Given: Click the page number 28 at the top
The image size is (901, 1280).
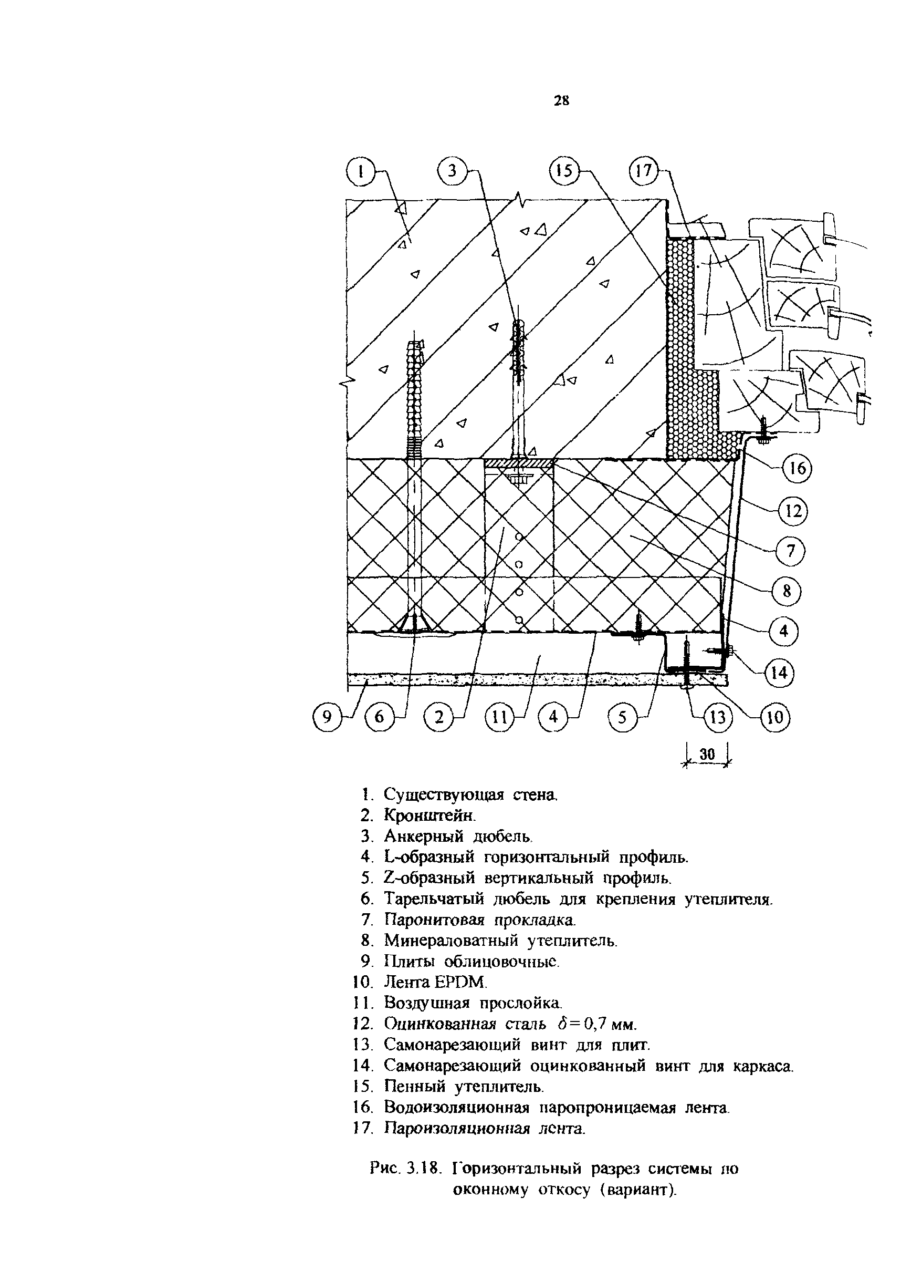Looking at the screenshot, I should tap(561, 100).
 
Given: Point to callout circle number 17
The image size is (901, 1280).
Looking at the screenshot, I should tap(644, 171).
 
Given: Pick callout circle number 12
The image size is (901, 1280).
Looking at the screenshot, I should tap(793, 511).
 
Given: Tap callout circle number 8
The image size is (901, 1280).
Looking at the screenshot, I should tap(787, 591).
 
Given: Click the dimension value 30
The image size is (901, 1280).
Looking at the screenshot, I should tap(707, 755).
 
